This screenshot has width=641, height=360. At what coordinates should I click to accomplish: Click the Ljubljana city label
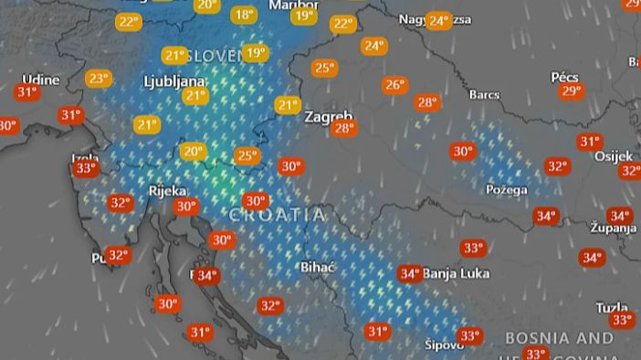(x=174, y=80)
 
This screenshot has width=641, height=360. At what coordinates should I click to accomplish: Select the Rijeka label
(x=167, y=191)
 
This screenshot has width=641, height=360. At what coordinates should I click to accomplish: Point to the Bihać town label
(x=319, y=267)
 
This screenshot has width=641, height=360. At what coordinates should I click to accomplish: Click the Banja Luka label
(x=457, y=273)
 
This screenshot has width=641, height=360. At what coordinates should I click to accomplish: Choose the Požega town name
(x=508, y=189)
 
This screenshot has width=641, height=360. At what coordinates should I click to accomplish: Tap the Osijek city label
(x=613, y=156)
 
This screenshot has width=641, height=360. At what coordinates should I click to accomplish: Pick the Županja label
(x=614, y=228)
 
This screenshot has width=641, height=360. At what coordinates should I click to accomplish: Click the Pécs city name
(x=564, y=78)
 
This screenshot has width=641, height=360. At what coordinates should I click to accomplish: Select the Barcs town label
(x=485, y=94)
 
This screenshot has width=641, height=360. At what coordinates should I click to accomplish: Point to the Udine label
(x=40, y=79)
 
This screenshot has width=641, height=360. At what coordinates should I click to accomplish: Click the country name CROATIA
(x=277, y=215)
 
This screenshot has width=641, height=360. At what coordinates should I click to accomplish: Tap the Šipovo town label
(x=445, y=344)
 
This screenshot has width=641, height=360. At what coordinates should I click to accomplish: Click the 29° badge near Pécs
(x=572, y=91)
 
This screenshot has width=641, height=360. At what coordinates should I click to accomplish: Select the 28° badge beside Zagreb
(x=343, y=129)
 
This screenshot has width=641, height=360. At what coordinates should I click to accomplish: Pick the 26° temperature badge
(x=394, y=85)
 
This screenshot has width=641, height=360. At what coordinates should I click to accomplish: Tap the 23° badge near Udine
(x=98, y=79)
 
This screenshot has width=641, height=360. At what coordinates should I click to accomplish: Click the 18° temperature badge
(x=243, y=15)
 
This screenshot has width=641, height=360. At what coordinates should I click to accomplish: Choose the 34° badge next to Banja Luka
(x=409, y=273)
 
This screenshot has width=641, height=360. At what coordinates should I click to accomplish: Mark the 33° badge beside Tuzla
(x=623, y=320)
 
